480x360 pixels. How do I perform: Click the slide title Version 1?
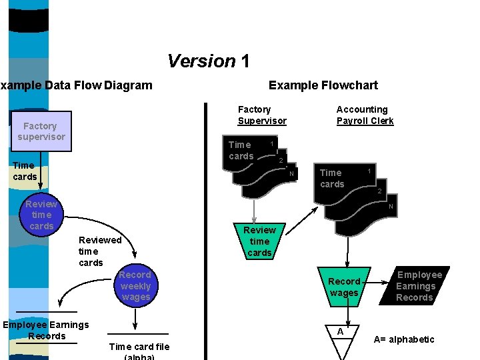tap(208, 61)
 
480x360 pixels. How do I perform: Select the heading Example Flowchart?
tap(323, 85)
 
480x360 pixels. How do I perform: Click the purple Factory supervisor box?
tap(41, 131)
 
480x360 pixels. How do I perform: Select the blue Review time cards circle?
tap(41, 215)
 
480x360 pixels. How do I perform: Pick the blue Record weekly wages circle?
tap(135, 286)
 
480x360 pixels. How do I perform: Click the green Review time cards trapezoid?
tap(259, 241)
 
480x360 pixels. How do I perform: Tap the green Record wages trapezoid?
tap(344, 287)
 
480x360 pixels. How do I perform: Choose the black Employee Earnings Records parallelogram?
tap(415, 286)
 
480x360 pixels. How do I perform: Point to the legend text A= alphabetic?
tap(403, 339)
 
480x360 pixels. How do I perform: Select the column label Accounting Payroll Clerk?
tap(365, 115)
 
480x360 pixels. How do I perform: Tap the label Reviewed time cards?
tap(99, 251)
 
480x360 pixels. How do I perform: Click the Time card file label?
tap(139, 346)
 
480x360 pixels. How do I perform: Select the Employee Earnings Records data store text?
tap(46, 330)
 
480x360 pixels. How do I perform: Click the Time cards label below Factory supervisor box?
tap(25, 171)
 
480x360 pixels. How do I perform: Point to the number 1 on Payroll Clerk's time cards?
tap(369, 171)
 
